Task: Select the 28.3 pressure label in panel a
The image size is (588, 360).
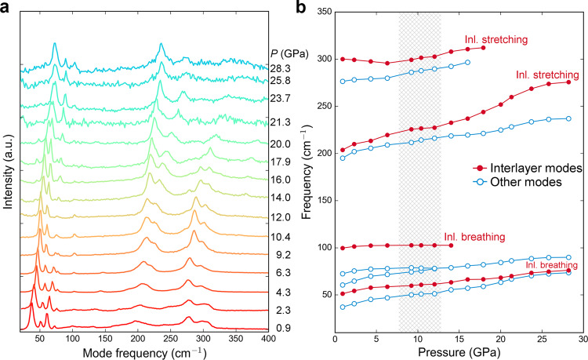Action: pos(285,69)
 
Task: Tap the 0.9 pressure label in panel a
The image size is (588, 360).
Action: pos(285,327)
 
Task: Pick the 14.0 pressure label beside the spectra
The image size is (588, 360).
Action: pos(285,198)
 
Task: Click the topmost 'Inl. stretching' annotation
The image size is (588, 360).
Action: pos(495,38)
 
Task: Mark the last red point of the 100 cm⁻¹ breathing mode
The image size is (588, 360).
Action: pos(451,245)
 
